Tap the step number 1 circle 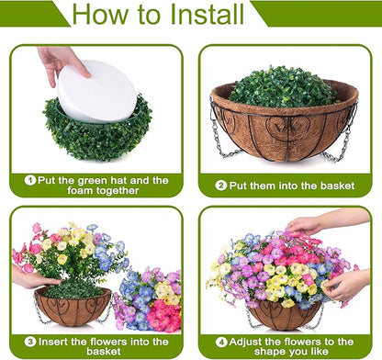pyautogui.click(x=30, y=180)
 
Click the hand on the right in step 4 pyautogui.click(x=347, y=283)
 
